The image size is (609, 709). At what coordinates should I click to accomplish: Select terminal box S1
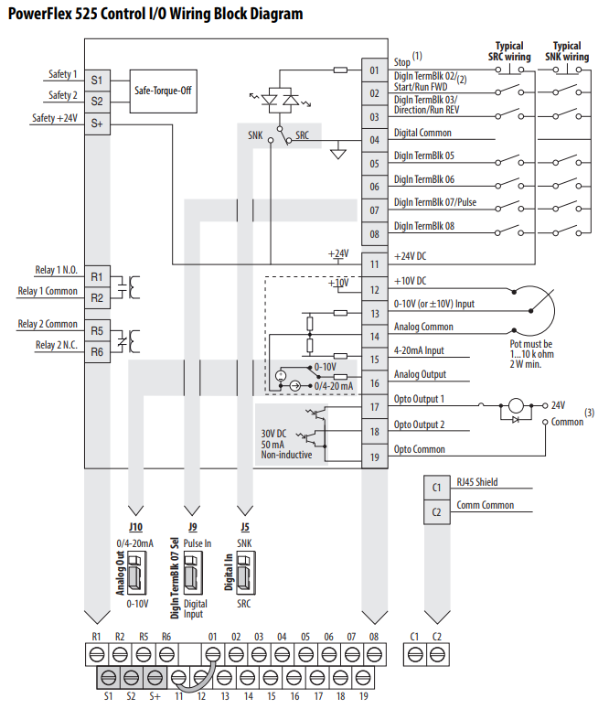point(97,80)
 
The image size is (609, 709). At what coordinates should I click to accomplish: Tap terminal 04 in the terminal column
point(373,140)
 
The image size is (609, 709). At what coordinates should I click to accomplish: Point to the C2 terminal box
point(436,512)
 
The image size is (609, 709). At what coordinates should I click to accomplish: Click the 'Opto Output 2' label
point(419,424)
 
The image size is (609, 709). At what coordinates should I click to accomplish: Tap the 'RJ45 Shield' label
point(477,482)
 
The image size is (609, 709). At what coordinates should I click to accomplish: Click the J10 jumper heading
point(135,528)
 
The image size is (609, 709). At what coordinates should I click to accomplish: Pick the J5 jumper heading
point(244,528)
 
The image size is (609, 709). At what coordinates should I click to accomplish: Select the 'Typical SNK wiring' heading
point(567,51)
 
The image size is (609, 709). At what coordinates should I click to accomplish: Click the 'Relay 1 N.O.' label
point(57,270)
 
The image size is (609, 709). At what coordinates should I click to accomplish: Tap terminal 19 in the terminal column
point(373,456)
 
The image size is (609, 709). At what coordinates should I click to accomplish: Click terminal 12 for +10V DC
point(373,290)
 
